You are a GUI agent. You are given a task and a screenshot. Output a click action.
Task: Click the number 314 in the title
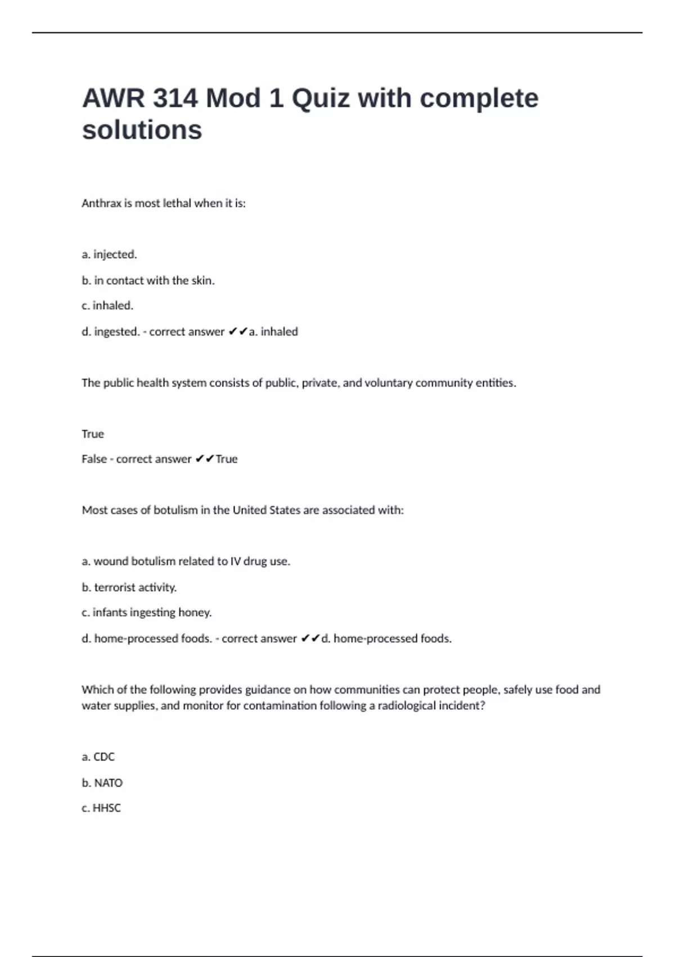pyautogui.click(x=174, y=99)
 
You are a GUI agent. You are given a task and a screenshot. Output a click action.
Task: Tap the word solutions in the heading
pyautogui.click(x=142, y=130)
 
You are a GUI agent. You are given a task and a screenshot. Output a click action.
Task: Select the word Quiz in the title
pyautogui.click(x=321, y=99)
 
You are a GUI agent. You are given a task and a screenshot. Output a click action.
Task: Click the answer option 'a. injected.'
pyautogui.click(x=109, y=254)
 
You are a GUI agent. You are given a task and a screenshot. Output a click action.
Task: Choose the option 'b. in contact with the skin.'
pyautogui.click(x=148, y=280)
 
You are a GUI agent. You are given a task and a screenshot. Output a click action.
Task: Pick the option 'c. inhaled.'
pyautogui.click(x=107, y=306)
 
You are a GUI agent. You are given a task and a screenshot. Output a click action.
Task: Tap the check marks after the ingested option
pyautogui.click(x=238, y=332)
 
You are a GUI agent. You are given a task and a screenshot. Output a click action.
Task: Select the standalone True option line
pyautogui.click(x=93, y=434)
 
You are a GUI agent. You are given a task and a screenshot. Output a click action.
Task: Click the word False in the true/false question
pyautogui.click(x=94, y=459)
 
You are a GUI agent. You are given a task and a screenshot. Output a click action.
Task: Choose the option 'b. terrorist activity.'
pyautogui.click(x=129, y=588)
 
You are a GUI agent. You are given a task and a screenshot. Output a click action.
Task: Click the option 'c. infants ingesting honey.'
pyautogui.click(x=146, y=612)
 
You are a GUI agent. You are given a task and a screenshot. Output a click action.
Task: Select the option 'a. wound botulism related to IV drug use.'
pyautogui.click(x=186, y=561)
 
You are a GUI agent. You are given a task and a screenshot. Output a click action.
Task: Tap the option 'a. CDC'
pyautogui.click(x=98, y=757)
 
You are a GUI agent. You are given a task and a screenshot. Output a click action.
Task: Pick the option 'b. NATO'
pyautogui.click(x=102, y=783)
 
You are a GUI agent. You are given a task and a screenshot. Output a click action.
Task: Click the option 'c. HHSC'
pyautogui.click(x=101, y=808)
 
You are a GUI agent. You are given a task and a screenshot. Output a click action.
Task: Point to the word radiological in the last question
pyautogui.click(x=406, y=706)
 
